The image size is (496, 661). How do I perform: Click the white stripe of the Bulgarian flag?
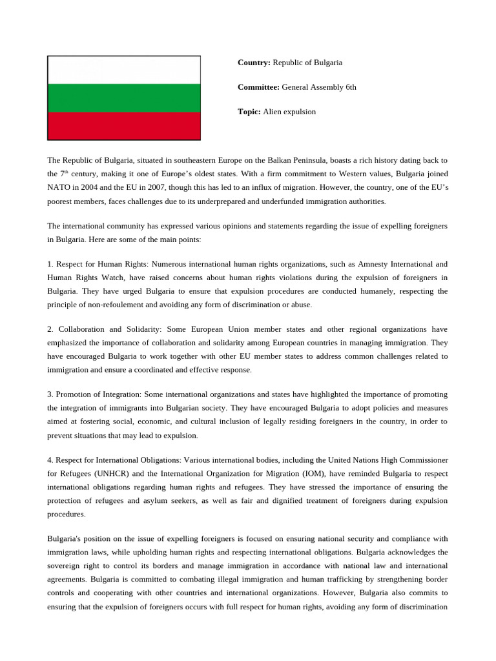coord(124,70)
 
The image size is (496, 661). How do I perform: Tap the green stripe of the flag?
coord(124,97)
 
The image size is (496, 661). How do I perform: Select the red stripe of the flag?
coord(124,125)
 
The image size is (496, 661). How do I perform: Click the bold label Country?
coord(254,63)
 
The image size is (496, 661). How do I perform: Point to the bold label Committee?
coord(258,87)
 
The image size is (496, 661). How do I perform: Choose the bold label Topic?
coord(249,112)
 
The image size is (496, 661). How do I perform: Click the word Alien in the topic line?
coord(273,112)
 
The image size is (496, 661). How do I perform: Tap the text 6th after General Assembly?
coord(349,87)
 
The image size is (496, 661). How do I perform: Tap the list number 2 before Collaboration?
coord(50,329)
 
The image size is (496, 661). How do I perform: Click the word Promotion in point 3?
coord(74,394)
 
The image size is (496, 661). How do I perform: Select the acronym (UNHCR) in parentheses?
coord(99,473)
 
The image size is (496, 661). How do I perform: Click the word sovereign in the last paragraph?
coord(68,566)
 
